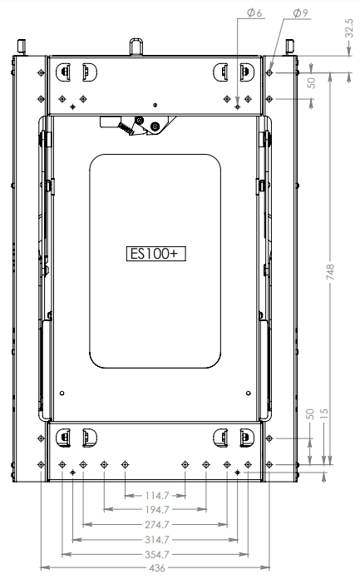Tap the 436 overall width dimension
click(155, 569)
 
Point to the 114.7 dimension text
click(154, 495)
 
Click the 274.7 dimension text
click(155, 525)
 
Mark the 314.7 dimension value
click(155, 539)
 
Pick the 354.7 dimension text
click(155, 553)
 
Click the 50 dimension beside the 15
click(310, 413)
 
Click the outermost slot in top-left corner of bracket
click(62, 72)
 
